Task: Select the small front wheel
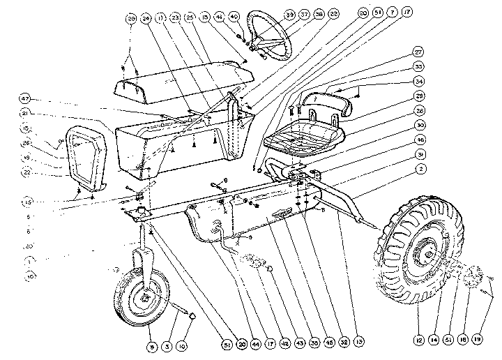tap(143, 301)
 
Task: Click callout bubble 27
tap(418, 52)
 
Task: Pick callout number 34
tap(418, 82)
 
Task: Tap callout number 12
tap(418, 340)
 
